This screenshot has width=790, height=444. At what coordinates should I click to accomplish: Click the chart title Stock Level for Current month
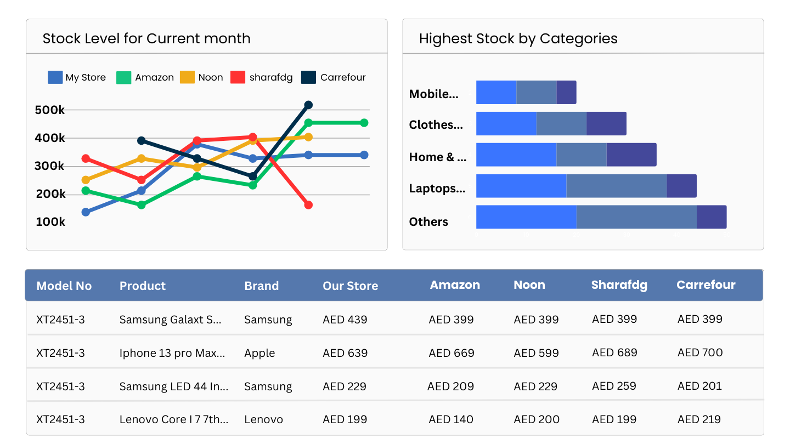146,39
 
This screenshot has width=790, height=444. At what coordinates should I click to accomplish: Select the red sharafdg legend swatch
238,77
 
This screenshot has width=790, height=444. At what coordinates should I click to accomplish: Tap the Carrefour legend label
343,77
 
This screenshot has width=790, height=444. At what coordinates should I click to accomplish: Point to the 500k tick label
50,110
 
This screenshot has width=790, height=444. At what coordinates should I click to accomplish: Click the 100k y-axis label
50,222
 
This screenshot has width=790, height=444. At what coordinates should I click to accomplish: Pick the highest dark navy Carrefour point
308,105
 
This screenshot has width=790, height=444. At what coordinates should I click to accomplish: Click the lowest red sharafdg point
308,205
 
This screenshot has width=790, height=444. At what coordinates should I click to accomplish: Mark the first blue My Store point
86,212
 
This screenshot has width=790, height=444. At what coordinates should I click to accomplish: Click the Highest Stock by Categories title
518,39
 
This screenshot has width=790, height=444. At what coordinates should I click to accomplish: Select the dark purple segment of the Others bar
712,217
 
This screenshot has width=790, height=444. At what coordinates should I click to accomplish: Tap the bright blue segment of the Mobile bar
496,92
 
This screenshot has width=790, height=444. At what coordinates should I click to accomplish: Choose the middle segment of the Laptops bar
616,186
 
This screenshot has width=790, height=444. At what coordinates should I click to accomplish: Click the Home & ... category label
438,157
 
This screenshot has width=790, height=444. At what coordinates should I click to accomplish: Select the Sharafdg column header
619,285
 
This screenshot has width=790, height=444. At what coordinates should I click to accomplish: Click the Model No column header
64,286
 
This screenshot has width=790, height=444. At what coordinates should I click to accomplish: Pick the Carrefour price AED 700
700,352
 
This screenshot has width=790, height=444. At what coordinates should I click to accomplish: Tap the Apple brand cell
259,353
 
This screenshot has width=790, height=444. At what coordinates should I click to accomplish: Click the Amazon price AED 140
451,419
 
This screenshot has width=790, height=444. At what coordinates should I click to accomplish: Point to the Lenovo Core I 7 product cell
174,419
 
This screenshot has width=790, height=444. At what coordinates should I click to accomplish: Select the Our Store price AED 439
345,320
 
